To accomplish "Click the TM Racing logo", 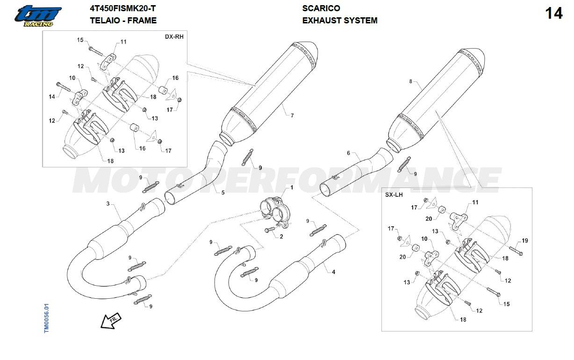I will (x=37, y=16).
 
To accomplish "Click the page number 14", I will (x=554, y=14).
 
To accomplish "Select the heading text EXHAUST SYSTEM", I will (x=339, y=21).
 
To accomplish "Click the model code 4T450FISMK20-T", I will (x=123, y=8).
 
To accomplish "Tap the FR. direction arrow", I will (x=110, y=321).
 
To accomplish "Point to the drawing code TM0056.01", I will (x=46, y=318).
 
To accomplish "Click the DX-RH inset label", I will (x=174, y=36).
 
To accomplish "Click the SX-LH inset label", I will (x=394, y=194).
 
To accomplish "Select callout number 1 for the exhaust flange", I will (x=292, y=187).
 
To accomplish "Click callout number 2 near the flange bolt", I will (x=281, y=237).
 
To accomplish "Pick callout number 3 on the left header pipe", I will (x=108, y=204).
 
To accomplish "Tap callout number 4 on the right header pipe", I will (x=333, y=272).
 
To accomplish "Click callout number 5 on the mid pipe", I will (x=222, y=193).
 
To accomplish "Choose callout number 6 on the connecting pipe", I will (x=348, y=153).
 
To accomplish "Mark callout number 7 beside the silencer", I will (x=292, y=115).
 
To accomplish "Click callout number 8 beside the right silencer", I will (x=411, y=81).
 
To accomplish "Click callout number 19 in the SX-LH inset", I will (x=524, y=241).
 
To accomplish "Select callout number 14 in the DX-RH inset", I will (x=52, y=96).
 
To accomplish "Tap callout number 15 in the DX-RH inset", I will (x=80, y=40).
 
